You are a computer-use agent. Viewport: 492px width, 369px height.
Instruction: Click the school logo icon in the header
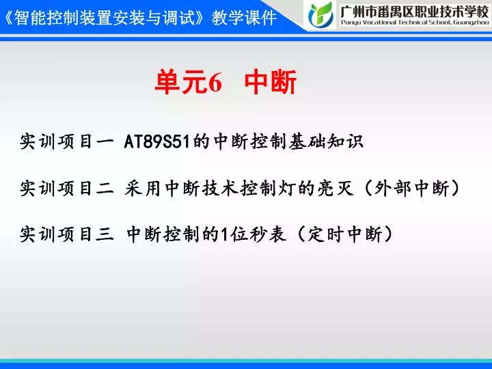(320, 14)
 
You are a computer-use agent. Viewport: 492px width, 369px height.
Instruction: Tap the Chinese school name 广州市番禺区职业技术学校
(415, 11)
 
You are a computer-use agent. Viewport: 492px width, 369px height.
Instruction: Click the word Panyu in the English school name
(350, 23)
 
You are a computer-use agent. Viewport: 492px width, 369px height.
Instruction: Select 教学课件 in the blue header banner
(244, 18)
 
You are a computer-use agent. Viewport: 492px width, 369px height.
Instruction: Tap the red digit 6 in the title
(215, 83)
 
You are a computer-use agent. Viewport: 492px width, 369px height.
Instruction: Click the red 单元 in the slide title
(181, 82)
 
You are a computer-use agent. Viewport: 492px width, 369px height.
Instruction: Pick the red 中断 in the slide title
(271, 82)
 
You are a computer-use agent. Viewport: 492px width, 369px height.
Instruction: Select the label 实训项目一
(66, 141)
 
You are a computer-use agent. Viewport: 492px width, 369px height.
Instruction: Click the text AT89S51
(157, 141)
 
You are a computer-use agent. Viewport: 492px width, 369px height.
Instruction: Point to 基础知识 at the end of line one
(327, 141)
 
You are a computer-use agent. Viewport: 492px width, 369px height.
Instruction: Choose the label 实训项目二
(66, 188)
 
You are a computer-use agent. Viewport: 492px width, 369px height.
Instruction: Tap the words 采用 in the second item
(143, 188)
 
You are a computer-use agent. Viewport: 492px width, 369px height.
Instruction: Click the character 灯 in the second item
(288, 188)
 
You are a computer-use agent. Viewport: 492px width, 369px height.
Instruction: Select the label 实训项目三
(66, 234)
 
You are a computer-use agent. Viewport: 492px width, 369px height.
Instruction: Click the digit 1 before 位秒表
(224, 234)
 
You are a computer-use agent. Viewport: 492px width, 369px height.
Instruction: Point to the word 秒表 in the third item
(267, 234)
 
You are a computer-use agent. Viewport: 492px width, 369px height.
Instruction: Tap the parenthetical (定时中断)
(344, 234)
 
